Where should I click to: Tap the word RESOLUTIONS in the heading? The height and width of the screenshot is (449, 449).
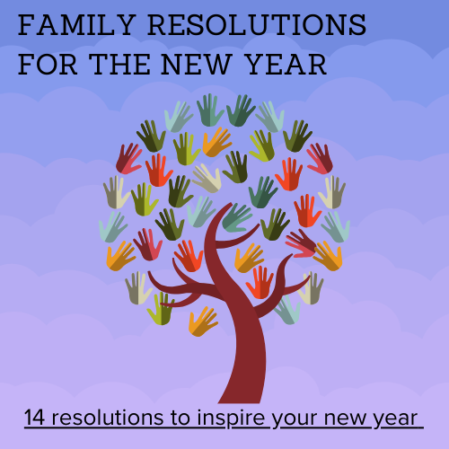point(257,25)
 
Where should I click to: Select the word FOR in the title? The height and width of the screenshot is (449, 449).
point(48,65)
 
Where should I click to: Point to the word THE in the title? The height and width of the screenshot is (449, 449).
point(119,65)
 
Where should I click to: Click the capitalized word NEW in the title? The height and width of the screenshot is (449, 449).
point(197,65)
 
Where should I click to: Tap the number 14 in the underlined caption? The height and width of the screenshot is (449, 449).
point(34,418)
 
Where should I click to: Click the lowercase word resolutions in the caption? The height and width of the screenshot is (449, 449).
point(108,418)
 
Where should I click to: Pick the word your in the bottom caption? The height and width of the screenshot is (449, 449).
point(295,419)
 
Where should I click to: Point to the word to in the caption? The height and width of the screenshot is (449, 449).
point(180,418)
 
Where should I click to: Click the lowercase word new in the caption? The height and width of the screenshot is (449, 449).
point(345,418)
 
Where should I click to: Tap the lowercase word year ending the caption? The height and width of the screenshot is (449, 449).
point(395,419)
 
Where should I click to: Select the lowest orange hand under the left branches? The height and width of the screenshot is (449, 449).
point(203,321)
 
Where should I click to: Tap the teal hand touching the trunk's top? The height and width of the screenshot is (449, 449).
point(236,217)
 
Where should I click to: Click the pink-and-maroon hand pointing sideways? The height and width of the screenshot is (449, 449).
point(300,243)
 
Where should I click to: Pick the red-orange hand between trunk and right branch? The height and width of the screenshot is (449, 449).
point(260,282)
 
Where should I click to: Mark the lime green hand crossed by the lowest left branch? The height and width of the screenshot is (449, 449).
point(161,309)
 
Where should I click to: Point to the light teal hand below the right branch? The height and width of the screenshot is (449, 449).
point(287,310)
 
